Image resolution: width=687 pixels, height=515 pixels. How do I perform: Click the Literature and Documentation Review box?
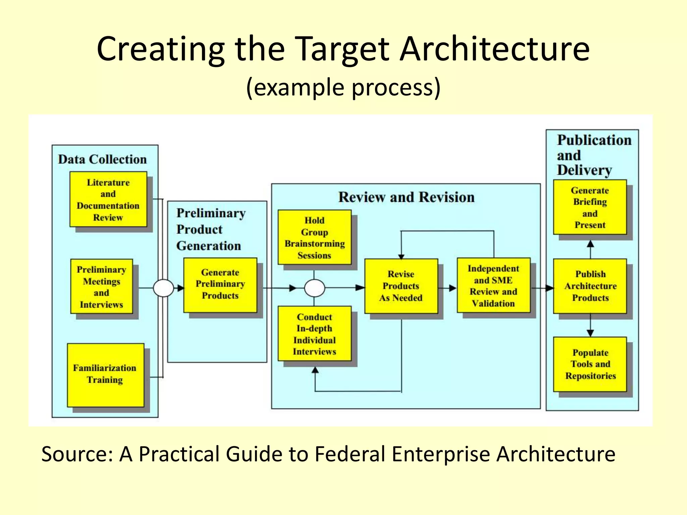click(x=108, y=199)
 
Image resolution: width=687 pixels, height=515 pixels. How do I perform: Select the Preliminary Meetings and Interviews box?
click(x=102, y=287)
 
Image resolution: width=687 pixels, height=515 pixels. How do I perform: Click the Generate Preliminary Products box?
click(x=220, y=285)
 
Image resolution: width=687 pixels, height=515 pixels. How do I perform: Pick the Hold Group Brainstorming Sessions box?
click(x=315, y=237)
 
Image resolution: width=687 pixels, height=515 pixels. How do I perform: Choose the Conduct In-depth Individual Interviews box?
click(x=315, y=334)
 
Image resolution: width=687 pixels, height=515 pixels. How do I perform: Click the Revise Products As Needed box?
click(x=401, y=286)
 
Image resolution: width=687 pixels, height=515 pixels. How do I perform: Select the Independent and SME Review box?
click(x=493, y=285)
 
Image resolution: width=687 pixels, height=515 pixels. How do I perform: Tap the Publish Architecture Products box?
click(x=590, y=286)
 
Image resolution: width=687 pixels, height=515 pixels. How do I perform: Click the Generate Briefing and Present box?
click(x=590, y=207)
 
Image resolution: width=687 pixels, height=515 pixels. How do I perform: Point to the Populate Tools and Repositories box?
click(x=590, y=364)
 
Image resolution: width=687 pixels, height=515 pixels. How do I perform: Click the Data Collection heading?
click(x=102, y=159)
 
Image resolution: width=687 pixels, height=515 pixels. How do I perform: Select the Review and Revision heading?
click(x=406, y=197)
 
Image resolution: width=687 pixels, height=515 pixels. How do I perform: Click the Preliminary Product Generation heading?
click(x=211, y=229)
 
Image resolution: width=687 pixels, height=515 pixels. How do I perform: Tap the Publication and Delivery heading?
click(x=594, y=155)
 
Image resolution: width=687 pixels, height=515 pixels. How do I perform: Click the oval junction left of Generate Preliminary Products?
click(x=163, y=288)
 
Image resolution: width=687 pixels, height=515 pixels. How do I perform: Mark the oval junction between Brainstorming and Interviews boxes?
click(x=315, y=288)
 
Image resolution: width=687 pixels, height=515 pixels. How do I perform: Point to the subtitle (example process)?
click(x=343, y=87)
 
